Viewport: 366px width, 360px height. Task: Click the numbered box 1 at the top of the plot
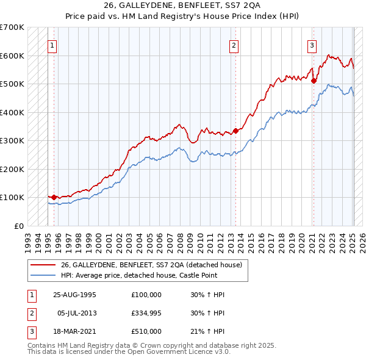click(x=52, y=45)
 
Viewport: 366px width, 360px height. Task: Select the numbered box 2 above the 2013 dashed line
click(x=234, y=45)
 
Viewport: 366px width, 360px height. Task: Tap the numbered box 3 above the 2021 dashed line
click(x=312, y=45)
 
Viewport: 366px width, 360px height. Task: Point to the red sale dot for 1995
click(x=54, y=197)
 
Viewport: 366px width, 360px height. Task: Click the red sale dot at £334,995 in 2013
click(x=235, y=131)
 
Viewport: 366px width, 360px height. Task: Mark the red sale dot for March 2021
click(x=314, y=81)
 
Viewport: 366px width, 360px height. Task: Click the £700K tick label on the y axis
click(x=12, y=27)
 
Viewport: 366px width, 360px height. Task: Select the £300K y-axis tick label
click(x=12, y=141)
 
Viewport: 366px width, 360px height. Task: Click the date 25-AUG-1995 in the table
click(x=75, y=295)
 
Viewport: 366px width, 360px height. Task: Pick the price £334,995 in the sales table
click(x=146, y=312)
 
